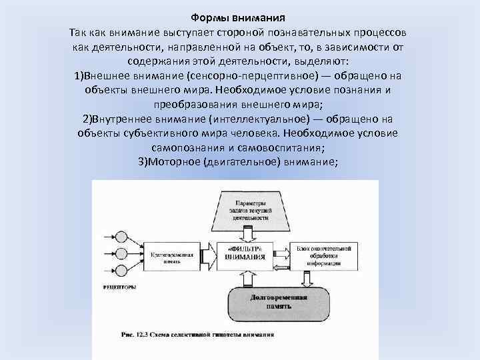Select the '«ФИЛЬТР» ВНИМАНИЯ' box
click(x=244, y=253)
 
